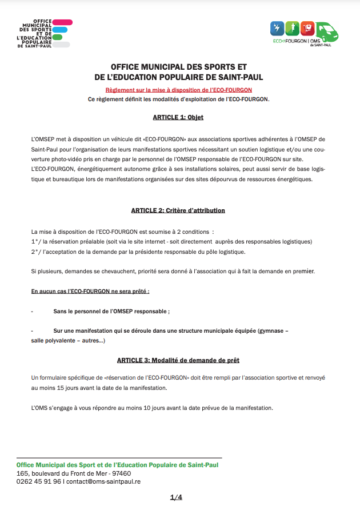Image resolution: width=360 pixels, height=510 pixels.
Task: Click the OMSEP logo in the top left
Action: [x=45, y=34]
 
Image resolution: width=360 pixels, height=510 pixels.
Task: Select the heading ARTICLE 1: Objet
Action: [x=178, y=117]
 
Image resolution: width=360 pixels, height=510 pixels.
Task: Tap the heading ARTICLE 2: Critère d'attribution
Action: [x=178, y=210]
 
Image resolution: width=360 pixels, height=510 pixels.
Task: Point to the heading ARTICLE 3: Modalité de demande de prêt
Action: [x=178, y=360]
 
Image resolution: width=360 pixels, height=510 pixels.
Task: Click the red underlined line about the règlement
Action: [x=178, y=90]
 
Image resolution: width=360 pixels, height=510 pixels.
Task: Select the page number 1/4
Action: [x=176, y=497]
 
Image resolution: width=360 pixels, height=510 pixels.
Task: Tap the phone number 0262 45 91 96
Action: [x=39, y=481]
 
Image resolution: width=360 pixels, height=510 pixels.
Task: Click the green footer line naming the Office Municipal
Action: [x=117, y=465]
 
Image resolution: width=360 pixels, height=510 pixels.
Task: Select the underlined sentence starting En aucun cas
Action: [x=90, y=291]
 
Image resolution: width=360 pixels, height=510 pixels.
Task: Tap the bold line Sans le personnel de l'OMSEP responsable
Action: [x=111, y=312]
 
